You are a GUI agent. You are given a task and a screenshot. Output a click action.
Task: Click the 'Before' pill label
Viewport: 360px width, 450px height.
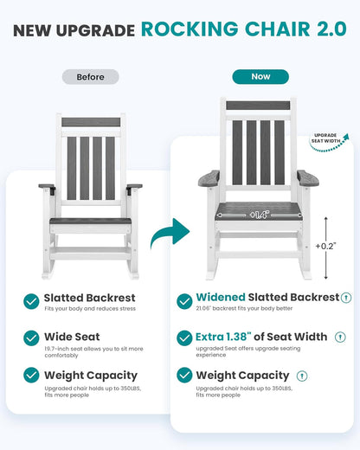(90, 77)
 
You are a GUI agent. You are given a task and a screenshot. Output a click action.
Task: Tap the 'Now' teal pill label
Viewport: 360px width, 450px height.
(260, 77)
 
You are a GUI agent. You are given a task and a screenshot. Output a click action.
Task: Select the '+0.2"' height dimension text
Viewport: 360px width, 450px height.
(326, 246)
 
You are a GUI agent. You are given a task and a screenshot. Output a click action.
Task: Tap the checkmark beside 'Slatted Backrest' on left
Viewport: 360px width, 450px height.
(31, 302)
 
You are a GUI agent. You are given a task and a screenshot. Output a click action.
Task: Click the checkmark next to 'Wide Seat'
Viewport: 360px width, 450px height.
(31, 338)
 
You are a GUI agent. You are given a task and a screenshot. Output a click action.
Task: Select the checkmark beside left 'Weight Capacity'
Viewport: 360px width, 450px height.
(31, 376)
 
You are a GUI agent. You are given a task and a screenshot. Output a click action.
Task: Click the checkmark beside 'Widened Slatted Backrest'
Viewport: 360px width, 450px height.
(184, 301)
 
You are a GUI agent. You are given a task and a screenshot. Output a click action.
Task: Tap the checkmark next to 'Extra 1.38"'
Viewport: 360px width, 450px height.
(184, 338)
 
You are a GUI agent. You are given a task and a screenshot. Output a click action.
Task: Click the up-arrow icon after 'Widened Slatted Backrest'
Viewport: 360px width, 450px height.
(346, 298)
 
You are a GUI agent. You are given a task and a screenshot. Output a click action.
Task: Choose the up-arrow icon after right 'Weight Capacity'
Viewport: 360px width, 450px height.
(303, 376)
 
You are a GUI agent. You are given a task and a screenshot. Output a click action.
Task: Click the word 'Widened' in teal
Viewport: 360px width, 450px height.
(222, 298)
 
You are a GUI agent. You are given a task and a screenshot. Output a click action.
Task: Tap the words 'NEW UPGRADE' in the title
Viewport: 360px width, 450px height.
(74, 30)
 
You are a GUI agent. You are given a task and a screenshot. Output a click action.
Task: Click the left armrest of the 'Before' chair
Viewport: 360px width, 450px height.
(47, 186)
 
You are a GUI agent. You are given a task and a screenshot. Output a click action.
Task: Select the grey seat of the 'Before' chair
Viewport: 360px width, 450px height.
(89, 221)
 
